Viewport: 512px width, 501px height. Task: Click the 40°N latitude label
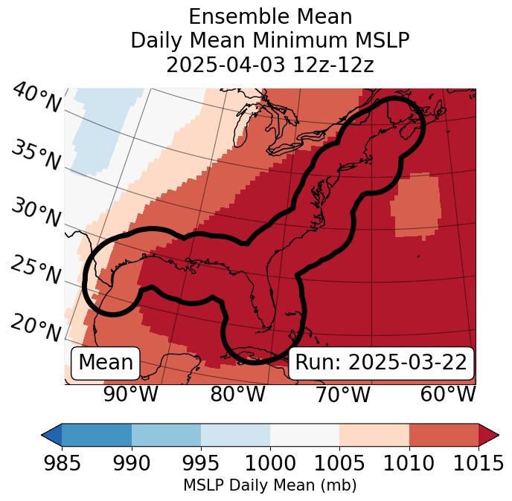pyautogui.click(x=36, y=98)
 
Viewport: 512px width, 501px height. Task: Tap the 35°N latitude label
pyautogui.click(x=35, y=155)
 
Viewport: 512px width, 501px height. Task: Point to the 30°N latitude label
pyautogui.click(x=35, y=213)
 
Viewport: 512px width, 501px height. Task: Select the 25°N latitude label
pyautogui.click(x=35, y=271)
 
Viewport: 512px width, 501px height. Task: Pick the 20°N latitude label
pyautogui.click(x=35, y=327)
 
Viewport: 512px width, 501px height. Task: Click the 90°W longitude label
pyautogui.click(x=131, y=394)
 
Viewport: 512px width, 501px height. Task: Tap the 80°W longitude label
pyautogui.click(x=237, y=394)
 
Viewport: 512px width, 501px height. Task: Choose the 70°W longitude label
pyautogui.click(x=342, y=394)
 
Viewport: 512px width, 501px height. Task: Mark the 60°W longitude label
pyautogui.click(x=448, y=394)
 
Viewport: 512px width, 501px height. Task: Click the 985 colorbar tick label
pyautogui.click(x=62, y=464)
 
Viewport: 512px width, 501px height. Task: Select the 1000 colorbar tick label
pyautogui.click(x=270, y=464)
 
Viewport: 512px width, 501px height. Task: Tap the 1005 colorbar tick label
pyautogui.click(x=339, y=464)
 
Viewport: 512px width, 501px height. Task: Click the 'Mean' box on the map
pyautogui.click(x=106, y=363)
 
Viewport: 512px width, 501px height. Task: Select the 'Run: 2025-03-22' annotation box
pyautogui.click(x=381, y=363)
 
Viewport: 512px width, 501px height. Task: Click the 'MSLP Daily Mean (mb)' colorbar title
pyautogui.click(x=270, y=486)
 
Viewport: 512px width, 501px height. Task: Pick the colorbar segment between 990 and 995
pyautogui.click(x=166, y=434)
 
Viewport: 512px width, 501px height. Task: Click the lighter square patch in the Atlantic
pyautogui.click(x=415, y=204)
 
